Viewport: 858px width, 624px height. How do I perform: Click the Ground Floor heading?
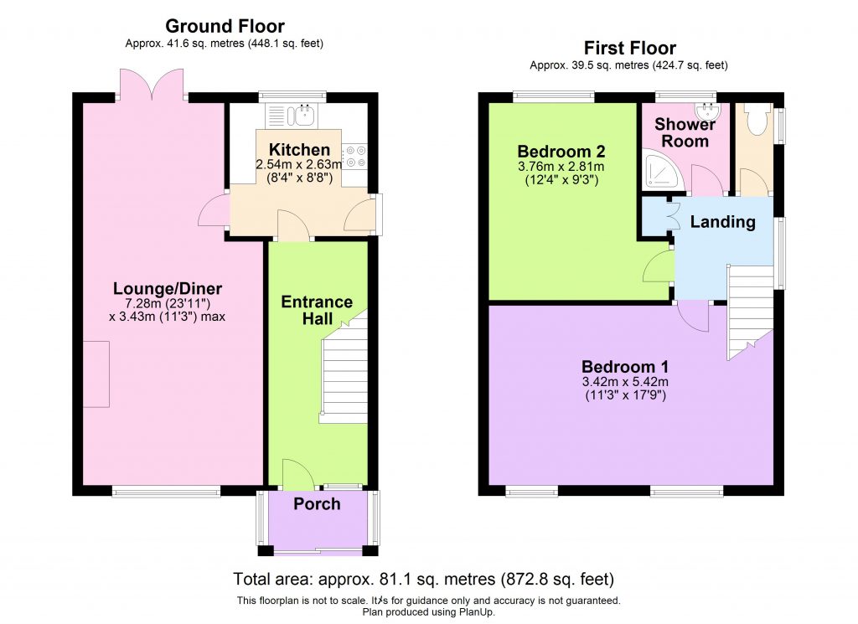pos(225,26)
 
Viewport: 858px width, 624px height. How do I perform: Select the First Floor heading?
pos(629,48)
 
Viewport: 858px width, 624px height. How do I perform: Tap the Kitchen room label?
pos(299,150)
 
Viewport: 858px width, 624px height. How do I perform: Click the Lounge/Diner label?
pos(168,289)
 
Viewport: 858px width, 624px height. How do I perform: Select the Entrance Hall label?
pos(317,310)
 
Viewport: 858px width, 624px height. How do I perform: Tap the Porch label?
pos(317,503)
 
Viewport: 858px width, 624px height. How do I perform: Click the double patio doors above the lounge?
pos(152,84)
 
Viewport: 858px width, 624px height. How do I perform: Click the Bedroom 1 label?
pos(625,367)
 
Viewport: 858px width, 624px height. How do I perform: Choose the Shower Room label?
pos(685,132)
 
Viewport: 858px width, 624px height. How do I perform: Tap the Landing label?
pos(722,222)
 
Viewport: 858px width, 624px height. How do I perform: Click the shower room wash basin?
pos(708,111)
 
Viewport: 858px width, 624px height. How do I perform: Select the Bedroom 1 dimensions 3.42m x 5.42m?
pos(625,382)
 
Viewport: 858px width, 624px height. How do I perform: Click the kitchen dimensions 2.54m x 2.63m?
pos(299,165)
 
